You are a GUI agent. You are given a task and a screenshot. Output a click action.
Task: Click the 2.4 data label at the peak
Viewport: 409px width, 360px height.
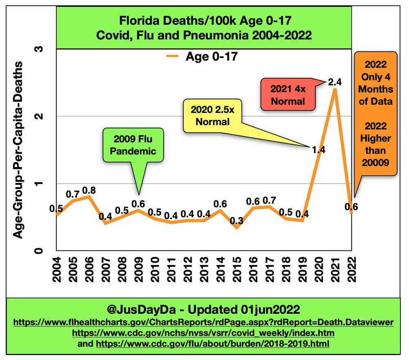[x=335, y=81]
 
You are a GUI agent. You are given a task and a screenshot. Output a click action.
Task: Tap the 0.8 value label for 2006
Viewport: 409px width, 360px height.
[x=89, y=190]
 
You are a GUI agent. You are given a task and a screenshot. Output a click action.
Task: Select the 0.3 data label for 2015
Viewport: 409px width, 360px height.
[x=237, y=221]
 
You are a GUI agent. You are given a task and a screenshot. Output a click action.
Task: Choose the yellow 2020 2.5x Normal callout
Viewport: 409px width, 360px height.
[x=212, y=116]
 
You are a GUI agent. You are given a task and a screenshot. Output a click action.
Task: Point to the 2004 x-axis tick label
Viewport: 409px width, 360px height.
[x=56, y=270]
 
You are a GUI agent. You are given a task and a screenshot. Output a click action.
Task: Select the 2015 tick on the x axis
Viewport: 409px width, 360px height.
[x=237, y=270]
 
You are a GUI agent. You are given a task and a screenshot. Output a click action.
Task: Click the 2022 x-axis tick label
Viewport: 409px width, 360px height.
[x=351, y=270]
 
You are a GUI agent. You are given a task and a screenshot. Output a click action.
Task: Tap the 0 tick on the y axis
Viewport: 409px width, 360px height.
[x=40, y=250]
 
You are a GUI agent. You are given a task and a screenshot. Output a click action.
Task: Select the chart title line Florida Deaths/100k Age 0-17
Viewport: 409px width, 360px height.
[x=204, y=20]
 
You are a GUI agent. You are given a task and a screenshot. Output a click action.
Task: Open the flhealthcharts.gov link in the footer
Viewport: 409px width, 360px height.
[x=204, y=322]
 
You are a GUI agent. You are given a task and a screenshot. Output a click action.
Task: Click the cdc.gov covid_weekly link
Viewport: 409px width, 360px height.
[x=203, y=333]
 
